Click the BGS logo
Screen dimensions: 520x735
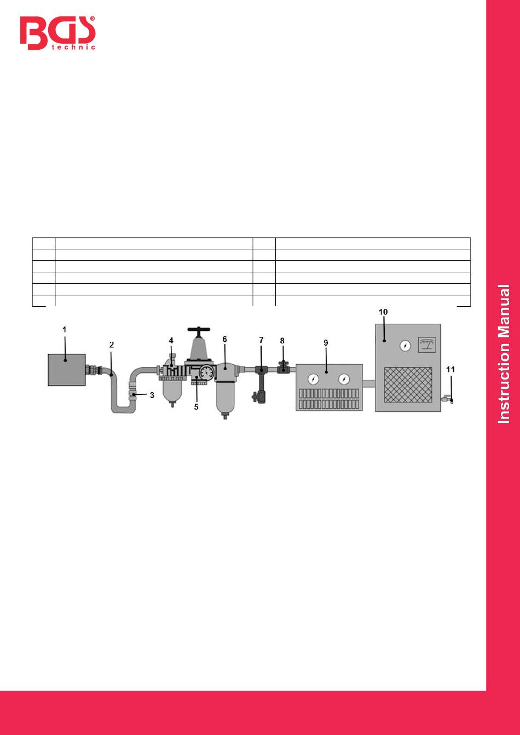pos(57,33)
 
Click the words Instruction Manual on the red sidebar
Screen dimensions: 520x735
pos(504,354)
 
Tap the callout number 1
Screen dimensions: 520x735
pos(65,329)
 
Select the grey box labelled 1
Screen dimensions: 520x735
pos(67,370)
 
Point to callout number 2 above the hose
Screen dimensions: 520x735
pos(112,345)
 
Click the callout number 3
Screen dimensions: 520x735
pos(152,395)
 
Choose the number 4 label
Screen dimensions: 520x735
pos(171,341)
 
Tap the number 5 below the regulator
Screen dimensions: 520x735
pos(196,407)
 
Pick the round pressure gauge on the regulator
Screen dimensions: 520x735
pos(206,372)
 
